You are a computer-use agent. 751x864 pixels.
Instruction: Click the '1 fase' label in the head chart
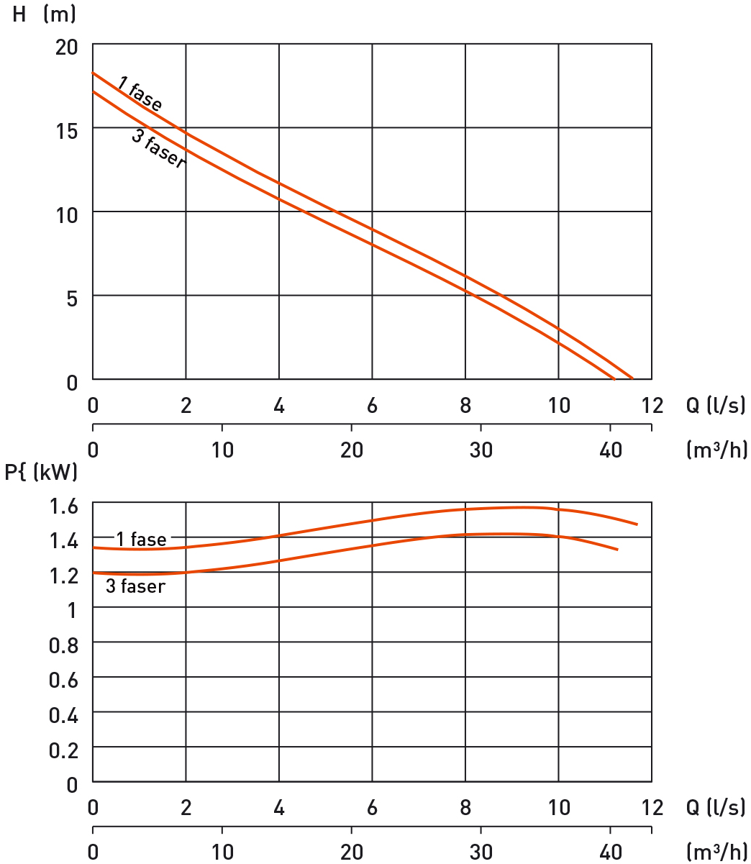click(140, 96)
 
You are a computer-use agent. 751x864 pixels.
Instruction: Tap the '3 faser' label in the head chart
click(158, 148)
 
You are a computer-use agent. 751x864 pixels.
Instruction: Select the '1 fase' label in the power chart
click(141, 539)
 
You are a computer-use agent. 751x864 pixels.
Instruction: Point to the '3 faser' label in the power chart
click(135, 586)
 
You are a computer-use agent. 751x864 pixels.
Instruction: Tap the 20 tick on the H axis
click(66, 47)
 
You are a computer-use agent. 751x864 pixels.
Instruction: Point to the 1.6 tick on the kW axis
click(63, 506)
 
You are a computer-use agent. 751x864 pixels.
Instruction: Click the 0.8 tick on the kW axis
click(63, 645)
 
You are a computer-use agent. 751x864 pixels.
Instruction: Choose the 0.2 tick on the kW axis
click(63, 750)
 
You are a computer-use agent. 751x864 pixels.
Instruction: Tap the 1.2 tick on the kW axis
click(63, 576)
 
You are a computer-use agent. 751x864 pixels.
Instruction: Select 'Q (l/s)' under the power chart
click(715, 807)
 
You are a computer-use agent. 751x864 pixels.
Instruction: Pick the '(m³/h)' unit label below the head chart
click(716, 450)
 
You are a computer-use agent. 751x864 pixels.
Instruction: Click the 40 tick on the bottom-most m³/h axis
click(611, 852)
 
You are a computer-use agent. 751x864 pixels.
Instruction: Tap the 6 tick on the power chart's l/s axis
click(372, 807)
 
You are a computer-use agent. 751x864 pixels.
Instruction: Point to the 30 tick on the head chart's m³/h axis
click(481, 450)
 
